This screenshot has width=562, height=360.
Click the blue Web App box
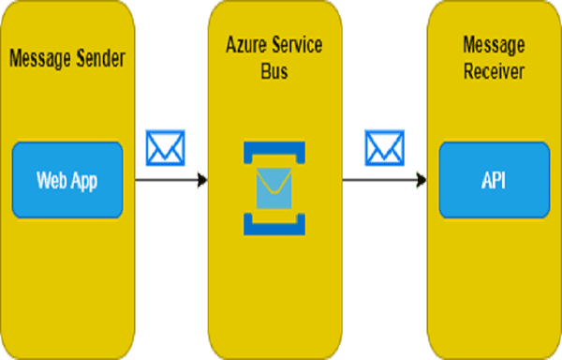coord(67,178)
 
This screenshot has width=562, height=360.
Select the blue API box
coord(493,178)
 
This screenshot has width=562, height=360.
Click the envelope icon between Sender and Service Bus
coord(166,146)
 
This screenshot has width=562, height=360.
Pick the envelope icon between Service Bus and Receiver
coord(384,146)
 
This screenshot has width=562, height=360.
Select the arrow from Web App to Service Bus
coord(169,178)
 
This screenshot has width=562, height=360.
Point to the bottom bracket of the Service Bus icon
coord(274,226)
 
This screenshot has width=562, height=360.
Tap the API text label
coord(493,178)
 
